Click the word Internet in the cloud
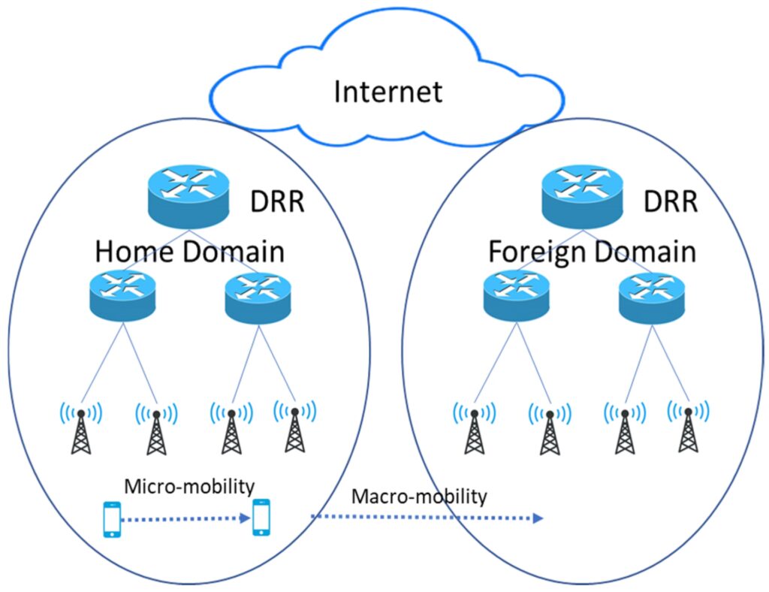click(388, 92)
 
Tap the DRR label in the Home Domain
click(277, 202)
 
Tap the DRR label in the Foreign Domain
click(671, 202)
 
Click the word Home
click(134, 251)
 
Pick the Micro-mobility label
click(189, 486)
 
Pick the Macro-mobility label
click(419, 497)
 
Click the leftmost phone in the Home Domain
click(111, 518)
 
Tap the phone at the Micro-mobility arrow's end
click(261, 518)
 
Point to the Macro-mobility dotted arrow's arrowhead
click(537, 518)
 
